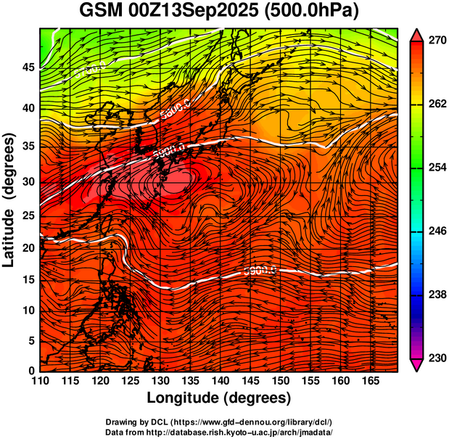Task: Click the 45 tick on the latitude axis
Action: coord(28,67)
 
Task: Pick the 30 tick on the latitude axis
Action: coord(28,181)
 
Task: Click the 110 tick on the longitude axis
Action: coord(40,381)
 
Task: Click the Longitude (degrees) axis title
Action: coord(219,398)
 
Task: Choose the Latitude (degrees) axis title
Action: coord(10,200)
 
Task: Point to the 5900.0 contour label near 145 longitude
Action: coord(260,271)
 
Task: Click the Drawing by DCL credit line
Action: coord(219,422)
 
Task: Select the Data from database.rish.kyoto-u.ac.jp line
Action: coord(219,432)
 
